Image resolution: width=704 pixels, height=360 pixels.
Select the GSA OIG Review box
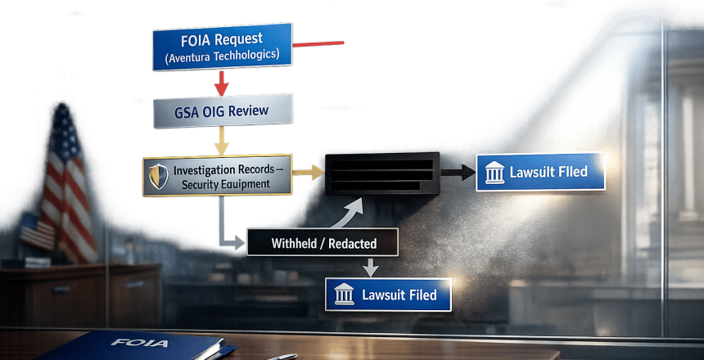point(221,110)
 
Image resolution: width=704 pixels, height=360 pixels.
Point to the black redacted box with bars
point(382,173)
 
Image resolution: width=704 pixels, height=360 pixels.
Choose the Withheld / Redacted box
point(323,243)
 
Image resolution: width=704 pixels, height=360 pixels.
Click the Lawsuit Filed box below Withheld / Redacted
point(389,294)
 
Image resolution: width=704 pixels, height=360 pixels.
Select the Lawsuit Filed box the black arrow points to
point(539,173)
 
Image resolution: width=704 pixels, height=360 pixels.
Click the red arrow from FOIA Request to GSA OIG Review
point(220,83)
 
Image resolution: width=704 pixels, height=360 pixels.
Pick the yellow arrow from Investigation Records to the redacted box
point(307,173)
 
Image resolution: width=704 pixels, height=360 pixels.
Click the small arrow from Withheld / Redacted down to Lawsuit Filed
point(369,266)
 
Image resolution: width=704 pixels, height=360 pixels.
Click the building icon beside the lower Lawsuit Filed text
point(345,294)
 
